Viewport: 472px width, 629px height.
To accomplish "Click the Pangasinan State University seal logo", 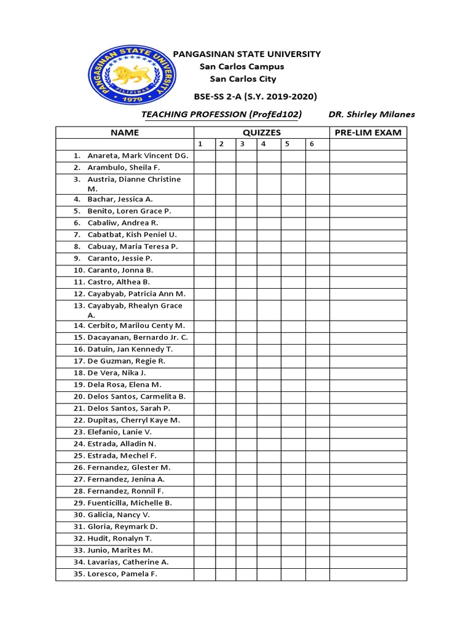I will pos(132,76).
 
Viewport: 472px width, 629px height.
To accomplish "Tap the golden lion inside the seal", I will pos(130,75).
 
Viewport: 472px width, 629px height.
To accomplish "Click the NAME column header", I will pos(125,133).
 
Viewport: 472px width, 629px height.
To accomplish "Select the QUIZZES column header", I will pos(261,133).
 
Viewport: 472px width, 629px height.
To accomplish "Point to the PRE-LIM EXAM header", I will pos(368,133).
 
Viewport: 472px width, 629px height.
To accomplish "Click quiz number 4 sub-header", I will pos(263,144).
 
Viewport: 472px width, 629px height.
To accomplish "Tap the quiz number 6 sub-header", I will pos(312,144).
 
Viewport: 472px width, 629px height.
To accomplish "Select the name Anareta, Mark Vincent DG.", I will pos(138,156).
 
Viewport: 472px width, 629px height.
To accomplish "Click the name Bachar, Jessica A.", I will pos(120,199).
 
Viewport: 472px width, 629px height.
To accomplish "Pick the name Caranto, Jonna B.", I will pos(120,270).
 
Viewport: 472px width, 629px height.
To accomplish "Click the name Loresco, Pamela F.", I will pos(122,574).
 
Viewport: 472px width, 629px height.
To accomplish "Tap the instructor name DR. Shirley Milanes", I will pos(372,114).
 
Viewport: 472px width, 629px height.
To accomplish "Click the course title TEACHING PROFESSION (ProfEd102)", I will pos(222,114).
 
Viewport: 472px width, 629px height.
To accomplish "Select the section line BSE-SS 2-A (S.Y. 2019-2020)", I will pos(255,96).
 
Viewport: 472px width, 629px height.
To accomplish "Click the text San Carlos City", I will pos(243,79).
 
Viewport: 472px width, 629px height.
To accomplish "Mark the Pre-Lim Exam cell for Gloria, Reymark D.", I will pos(368,527).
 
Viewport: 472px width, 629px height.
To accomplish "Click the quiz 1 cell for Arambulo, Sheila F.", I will pos(205,168).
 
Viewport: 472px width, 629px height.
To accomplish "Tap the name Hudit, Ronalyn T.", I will pos(119,539).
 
